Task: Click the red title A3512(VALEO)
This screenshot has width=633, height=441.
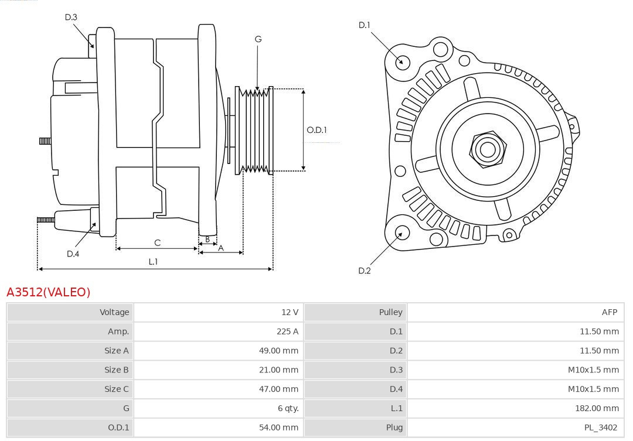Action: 49,292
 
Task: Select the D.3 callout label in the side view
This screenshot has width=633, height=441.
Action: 71,17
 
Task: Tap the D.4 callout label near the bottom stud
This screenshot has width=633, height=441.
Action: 73,254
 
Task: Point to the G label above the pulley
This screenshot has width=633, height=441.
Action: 258,39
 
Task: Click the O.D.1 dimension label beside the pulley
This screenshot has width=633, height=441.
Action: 316,130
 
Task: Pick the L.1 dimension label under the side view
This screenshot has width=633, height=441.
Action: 153,262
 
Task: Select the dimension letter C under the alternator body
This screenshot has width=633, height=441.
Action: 157,242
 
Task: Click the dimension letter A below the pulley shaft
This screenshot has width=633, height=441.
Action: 221,248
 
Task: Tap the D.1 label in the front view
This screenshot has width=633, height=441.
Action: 365,25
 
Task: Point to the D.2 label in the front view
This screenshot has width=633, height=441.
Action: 365,271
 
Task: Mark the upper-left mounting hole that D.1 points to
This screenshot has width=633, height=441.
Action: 403,61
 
